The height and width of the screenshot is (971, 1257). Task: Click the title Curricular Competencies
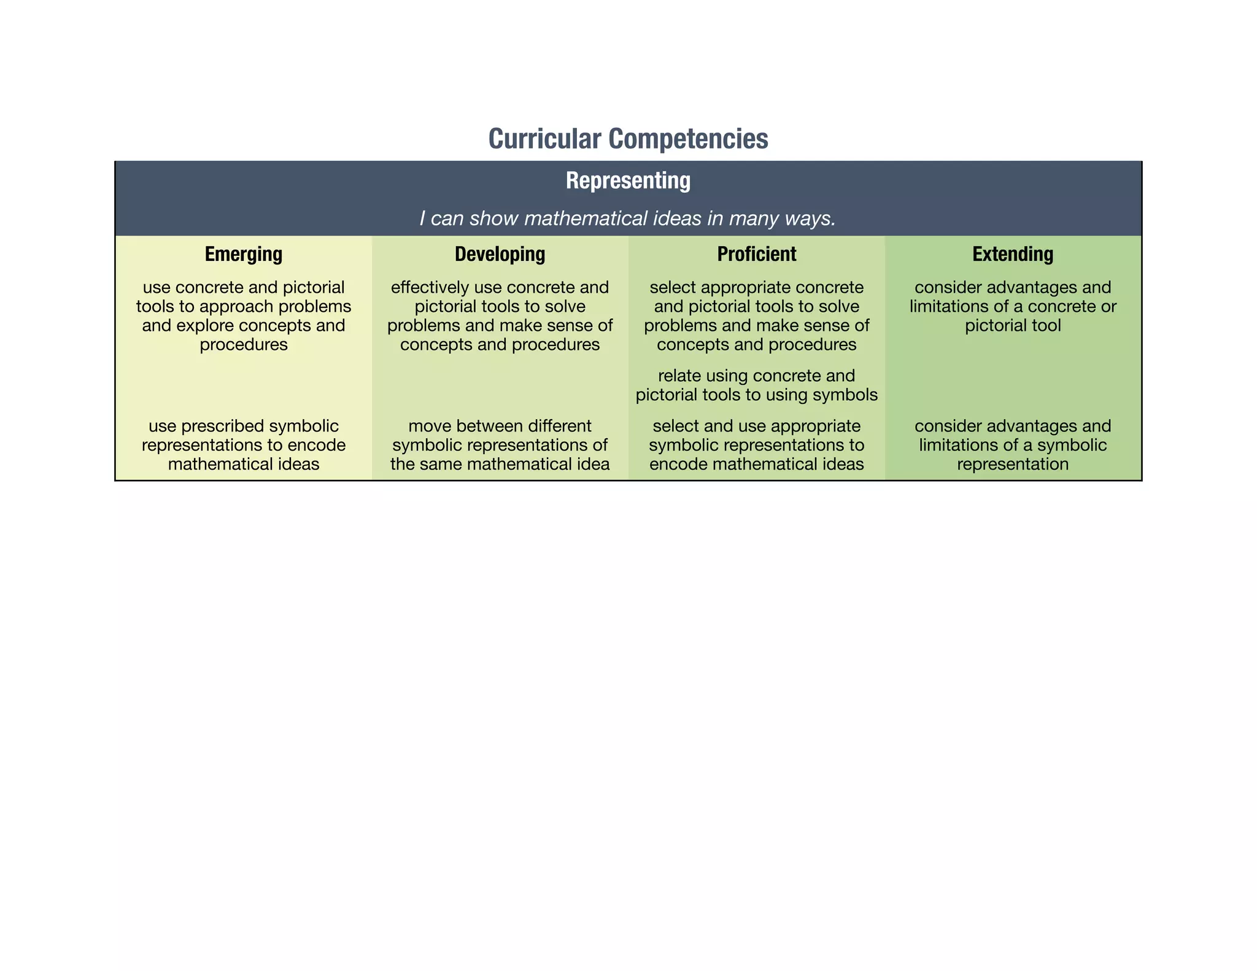[x=628, y=139]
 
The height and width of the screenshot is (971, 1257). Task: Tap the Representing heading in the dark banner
[x=628, y=180]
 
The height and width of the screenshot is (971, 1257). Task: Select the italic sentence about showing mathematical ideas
[x=628, y=219]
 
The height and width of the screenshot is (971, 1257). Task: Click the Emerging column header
[x=244, y=254]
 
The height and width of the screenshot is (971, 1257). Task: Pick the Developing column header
[x=500, y=254]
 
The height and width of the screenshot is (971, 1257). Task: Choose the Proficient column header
[x=756, y=254]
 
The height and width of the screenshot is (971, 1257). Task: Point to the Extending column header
[x=1013, y=254]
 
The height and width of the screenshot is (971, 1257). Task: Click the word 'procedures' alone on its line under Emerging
[x=244, y=344]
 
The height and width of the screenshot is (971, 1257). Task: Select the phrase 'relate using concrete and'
[x=756, y=375]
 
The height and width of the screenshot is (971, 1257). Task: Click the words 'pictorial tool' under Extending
[x=1013, y=325]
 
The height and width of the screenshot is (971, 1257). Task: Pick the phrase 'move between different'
[x=500, y=425]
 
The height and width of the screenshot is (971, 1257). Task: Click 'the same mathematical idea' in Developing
[x=500, y=464]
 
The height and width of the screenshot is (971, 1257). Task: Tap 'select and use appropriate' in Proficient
[x=756, y=425]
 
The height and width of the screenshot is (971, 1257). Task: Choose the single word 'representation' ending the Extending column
[x=1013, y=464]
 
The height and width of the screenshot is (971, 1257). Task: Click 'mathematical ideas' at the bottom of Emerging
[x=244, y=464]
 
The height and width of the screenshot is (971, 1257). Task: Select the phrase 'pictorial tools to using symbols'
[x=756, y=394]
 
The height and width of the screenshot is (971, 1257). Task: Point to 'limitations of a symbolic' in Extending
[x=1013, y=444]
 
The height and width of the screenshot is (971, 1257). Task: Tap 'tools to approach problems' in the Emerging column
[x=244, y=306]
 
